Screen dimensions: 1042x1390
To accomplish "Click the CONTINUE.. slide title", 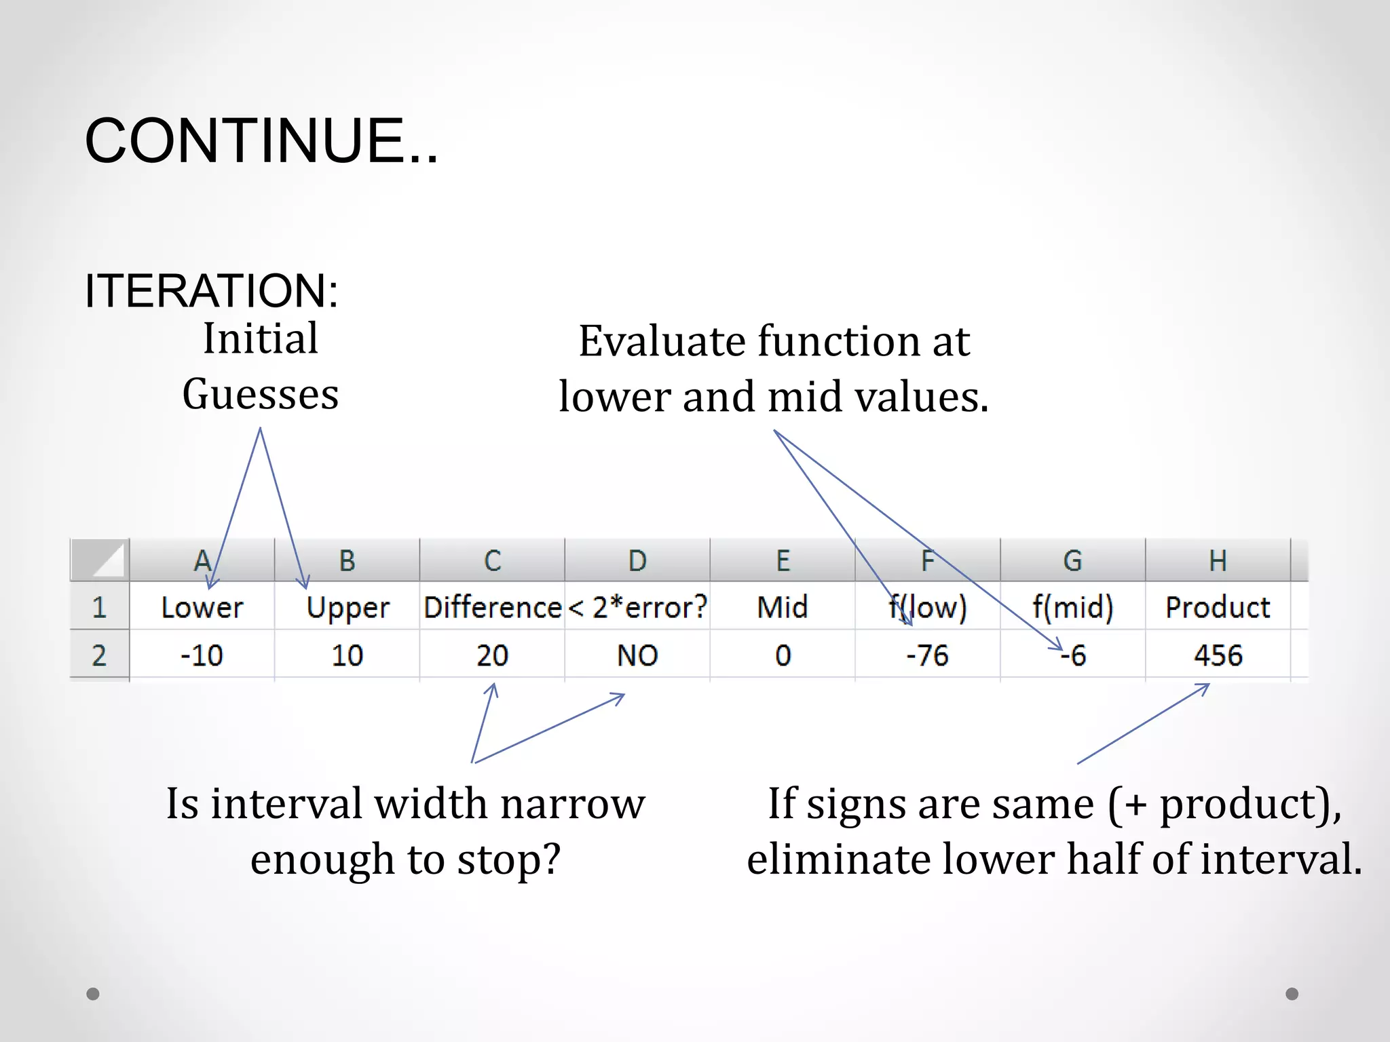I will point(261,140).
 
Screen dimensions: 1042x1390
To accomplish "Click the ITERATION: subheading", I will point(211,291).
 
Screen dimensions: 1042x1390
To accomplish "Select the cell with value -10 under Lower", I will point(202,655).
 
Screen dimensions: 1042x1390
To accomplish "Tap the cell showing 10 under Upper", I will point(347,655).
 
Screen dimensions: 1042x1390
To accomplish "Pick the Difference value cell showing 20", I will point(492,655).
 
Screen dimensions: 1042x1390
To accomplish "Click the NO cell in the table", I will point(637,655).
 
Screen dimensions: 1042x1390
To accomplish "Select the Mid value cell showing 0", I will point(783,655).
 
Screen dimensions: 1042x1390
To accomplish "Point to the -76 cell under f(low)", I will point(927,655).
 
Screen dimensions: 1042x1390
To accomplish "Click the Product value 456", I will point(1218,655).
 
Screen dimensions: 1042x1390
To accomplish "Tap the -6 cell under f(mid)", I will point(1073,655).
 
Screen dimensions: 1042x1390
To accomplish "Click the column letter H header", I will point(1218,561).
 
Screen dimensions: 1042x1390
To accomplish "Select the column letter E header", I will point(783,561).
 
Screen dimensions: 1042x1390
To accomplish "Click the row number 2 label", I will point(99,655).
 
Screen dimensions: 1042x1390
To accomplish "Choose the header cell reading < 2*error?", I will point(637,607).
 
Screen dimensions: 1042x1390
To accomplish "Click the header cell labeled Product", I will point(1218,607).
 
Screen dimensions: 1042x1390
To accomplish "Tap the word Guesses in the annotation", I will point(261,395).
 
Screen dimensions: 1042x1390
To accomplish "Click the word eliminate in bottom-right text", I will point(839,860).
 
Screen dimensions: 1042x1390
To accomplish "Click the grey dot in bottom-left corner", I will point(93,994).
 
